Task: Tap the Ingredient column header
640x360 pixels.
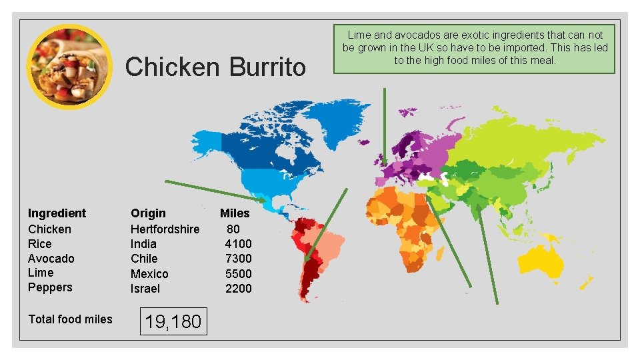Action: point(57,213)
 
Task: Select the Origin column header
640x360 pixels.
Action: point(148,213)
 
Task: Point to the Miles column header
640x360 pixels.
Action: point(235,213)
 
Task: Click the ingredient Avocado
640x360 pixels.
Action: point(51,258)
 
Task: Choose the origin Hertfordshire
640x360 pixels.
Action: point(165,229)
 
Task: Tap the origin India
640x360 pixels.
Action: point(143,244)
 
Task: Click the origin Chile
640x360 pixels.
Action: point(144,259)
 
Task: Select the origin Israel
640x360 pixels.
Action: point(145,288)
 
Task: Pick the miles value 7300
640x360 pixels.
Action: point(238,259)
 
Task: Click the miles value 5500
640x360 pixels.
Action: point(238,273)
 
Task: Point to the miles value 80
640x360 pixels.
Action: point(233,229)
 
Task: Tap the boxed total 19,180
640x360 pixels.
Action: point(173,321)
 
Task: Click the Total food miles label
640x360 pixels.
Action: point(70,319)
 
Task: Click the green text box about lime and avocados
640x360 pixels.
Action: point(475,47)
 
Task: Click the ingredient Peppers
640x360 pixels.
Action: point(50,287)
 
